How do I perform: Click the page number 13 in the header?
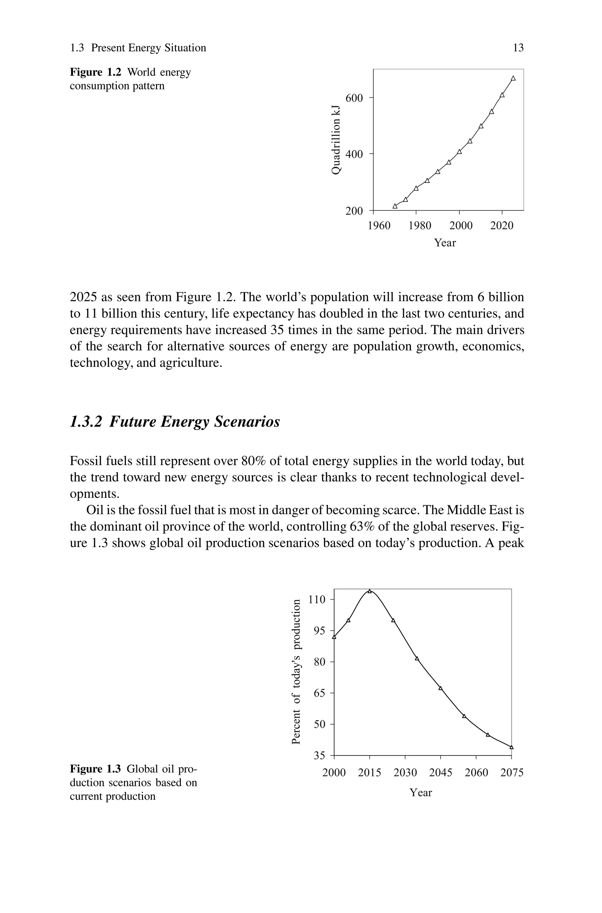518,48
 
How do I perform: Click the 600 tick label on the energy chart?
354,98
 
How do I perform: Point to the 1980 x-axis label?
420,226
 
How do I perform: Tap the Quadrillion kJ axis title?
336,139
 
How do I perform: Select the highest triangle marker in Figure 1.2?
513,78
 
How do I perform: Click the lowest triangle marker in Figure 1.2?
395,206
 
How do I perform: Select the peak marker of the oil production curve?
369,591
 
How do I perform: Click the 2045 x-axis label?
441,772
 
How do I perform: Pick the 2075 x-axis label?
512,772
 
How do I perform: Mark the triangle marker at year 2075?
511,747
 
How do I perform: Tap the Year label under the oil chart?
421,792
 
